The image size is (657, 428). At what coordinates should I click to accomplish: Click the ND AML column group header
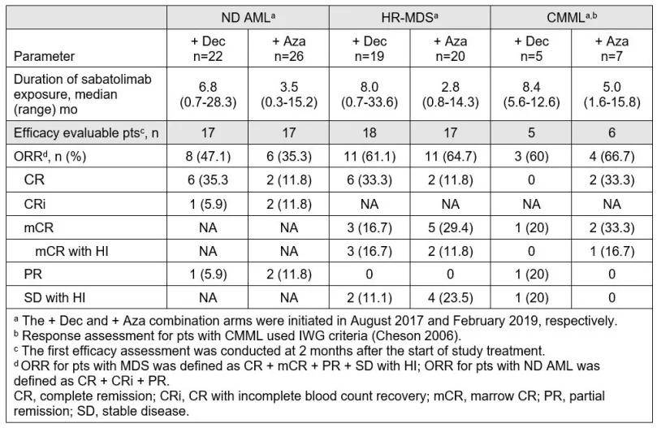[248, 18]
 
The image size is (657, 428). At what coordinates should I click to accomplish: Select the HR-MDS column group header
[409, 18]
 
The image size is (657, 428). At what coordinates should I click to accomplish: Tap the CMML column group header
[572, 18]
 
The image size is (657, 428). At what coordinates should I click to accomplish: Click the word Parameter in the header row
[44, 56]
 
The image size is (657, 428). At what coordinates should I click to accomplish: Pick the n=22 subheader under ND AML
[207, 56]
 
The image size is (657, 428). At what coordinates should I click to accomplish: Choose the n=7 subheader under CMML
[612, 56]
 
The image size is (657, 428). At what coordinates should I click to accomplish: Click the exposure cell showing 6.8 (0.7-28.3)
[208, 94]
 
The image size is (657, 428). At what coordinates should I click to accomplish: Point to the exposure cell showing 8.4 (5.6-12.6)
[531, 94]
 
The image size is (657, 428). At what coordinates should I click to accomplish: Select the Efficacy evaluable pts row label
[86, 133]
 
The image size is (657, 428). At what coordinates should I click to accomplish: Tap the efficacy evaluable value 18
[370, 133]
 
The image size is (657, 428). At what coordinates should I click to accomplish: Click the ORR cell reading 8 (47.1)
[208, 157]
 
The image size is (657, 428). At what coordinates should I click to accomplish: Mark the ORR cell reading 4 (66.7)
[612, 157]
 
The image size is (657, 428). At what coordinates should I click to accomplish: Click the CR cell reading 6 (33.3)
[370, 179]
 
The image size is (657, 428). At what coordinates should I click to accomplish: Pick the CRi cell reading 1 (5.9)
[208, 204]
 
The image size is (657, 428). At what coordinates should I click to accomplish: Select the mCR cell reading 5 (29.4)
[450, 227]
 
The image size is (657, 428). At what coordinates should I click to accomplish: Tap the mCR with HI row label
[71, 251]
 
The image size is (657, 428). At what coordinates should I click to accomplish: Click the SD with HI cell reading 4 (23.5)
[450, 297]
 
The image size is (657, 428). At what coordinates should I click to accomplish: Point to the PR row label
[32, 275]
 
